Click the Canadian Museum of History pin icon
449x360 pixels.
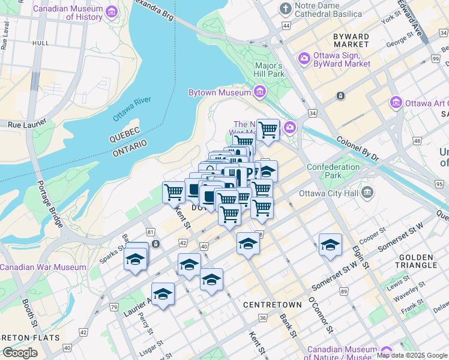tap(111, 12)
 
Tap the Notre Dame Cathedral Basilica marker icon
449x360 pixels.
tap(286, 10)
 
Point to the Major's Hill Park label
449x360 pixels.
tap(269, 70)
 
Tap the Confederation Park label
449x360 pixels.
tap(333, 171)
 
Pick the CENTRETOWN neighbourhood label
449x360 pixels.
tap(268, 305)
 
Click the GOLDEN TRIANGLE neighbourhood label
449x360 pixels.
tap(417, 261)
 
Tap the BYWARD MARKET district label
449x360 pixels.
tap(351, 40)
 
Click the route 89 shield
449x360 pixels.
tap(344, 291)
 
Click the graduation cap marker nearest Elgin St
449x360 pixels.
tap(330, 245)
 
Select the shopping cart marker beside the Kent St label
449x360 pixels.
tap(173, 192)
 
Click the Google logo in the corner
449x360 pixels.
tap(20, 353)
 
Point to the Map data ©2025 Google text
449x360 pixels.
tap(412, 355)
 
